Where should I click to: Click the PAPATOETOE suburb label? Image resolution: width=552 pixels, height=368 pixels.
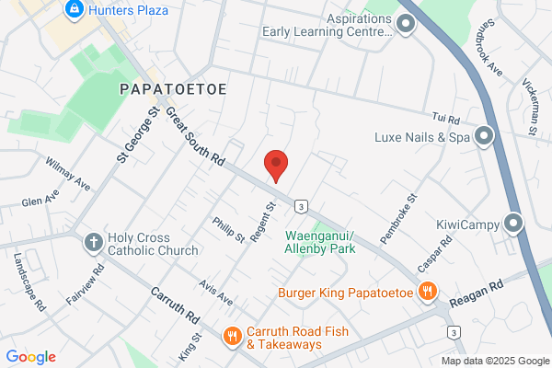click(174, 89)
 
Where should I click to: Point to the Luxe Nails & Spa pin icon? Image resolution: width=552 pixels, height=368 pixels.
click(486, 138)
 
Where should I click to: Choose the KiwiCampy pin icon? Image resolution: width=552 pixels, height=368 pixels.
click(513, 224)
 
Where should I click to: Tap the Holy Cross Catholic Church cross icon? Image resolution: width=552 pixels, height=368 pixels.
click(93, 243)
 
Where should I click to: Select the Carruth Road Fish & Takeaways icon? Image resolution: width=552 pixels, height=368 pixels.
click(231, 338)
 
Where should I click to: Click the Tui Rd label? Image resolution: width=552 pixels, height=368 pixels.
click(445, 118)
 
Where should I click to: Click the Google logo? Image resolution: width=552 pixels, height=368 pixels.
click(30, 357)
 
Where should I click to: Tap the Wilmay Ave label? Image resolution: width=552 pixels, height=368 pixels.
click(68, 173)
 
